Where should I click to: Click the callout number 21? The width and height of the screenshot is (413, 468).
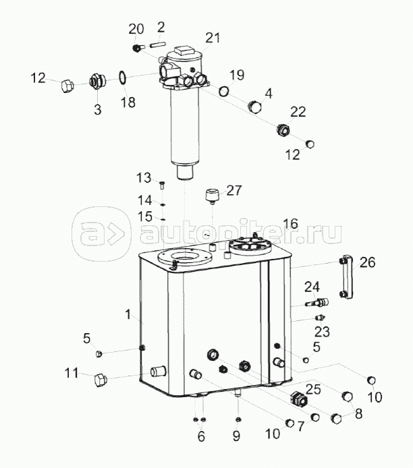click(x=213, y=38)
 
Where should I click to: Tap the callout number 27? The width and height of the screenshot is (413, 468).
click(x=233, y=190)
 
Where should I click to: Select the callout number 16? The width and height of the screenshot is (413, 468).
click(x=291, y=224)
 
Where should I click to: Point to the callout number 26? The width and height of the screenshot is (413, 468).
click(x=367, y=262)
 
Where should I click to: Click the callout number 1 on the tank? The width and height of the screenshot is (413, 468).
click(x=128, y=314)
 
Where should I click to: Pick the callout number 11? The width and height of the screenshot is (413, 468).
click(x=72, y=373)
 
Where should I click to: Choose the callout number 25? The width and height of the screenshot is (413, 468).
click(x=313, y=390)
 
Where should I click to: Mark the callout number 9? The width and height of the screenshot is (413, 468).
click(x=236, y=436)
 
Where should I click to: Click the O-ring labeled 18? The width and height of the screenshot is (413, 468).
click(x=122, y=78)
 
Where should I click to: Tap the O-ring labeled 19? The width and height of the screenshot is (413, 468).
click(x=224, y=91)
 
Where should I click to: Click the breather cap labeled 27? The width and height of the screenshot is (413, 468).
click(x=212, y=196)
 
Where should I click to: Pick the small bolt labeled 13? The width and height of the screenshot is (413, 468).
click(x=163, y=185)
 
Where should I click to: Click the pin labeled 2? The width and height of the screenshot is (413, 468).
click(x=159, y=45)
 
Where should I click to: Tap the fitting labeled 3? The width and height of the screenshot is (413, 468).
click(x=98, y=81)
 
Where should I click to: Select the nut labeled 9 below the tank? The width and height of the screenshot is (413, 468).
click(x=238, y=420)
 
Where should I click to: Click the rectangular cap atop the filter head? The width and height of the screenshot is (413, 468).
click(x=184, y=49)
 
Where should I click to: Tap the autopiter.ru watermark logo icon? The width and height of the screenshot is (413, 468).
click(x=101, y=234)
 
